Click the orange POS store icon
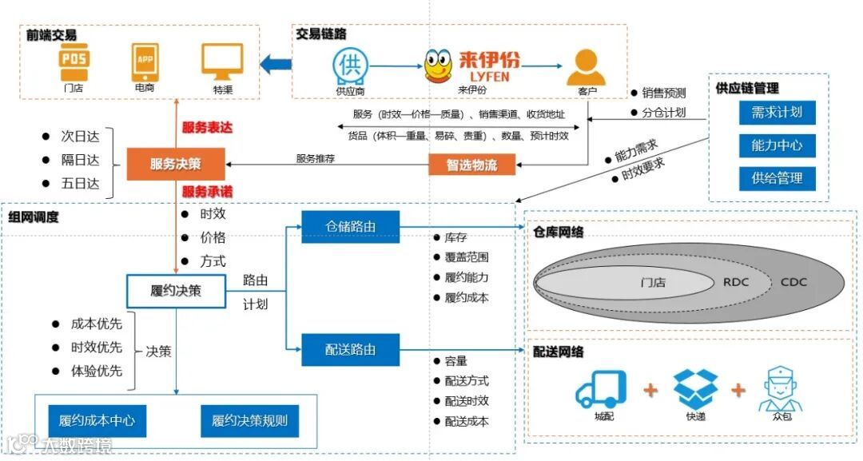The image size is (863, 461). (x=74, y=61)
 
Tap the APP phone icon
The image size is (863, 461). (x=145, y=61)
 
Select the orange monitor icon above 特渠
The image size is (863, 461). (x=222, y=62)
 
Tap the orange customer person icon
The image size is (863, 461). (x=586, y=67)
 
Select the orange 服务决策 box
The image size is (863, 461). (x=176, y=165)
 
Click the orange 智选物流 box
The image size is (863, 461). (x=472, y=165)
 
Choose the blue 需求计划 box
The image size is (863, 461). (x=777, y=113)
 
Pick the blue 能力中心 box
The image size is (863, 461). (x=777, y=145)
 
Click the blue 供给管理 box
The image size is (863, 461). (x=777, y=178)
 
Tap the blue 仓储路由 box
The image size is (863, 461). (x=350, y=227)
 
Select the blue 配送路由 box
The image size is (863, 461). (x=350, y=350)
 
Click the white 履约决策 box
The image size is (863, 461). (x=176, y=291)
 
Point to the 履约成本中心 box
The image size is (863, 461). (x=97, y=420)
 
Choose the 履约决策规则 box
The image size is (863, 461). (x=249, y=420)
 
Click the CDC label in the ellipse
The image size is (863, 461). (x=793, y=282)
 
